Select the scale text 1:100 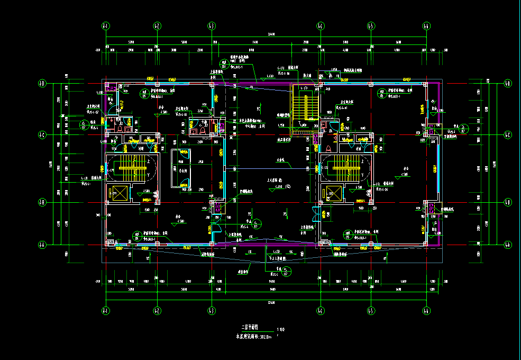(x=280, y=329)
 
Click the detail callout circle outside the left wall (x=84, y=125)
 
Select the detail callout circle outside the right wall (x=463, y=128)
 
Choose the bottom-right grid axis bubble (x=427, y=310)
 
